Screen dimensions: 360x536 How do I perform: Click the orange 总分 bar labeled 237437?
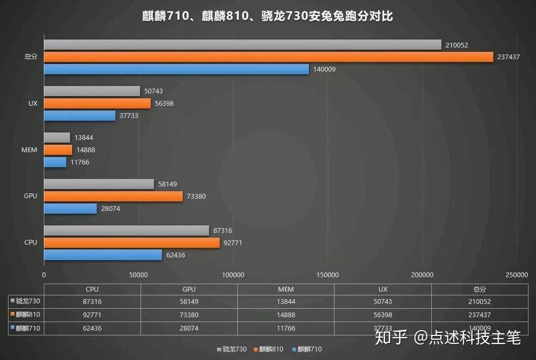[x=267, y=57]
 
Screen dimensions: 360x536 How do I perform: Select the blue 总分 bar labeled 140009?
[x=176, y=69]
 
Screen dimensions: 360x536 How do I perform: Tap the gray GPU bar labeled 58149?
[x=99, y=184]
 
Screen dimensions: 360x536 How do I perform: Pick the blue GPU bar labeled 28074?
[x=70, y=209]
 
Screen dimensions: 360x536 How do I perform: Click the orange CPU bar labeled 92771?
[x=131, y=242]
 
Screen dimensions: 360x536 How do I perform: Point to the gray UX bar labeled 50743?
[x=91, y=91]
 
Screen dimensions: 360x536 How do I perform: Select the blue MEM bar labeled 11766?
[x=55, y=162]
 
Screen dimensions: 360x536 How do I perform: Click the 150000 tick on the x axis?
[x=328, y=275]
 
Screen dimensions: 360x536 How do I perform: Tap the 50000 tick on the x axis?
[x=138, y=275]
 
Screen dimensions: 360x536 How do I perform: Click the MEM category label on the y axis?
[x=30, y=150]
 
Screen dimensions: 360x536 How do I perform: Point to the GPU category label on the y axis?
[x=30, y=196]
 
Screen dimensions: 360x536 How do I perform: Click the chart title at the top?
[x=268, y=17]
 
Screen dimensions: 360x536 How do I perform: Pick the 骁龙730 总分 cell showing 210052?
[x=479, y=302]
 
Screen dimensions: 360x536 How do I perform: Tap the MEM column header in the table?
[x=285, y=289]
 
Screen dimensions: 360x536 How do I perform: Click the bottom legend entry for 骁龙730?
[x=232, y=349]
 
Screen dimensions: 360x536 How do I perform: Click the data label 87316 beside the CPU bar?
[x=222, y=230]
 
